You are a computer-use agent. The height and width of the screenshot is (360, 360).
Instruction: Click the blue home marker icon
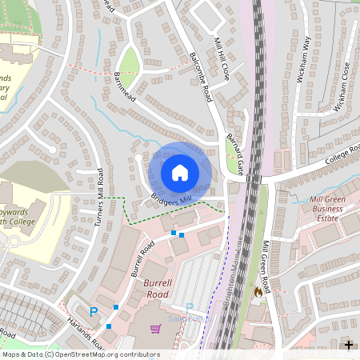[180, 172]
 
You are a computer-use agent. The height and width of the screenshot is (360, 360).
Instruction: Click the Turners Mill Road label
[100, 198]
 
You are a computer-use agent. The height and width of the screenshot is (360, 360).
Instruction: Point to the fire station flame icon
[258, 293]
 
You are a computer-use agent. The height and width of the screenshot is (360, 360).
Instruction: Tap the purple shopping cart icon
[155, 328]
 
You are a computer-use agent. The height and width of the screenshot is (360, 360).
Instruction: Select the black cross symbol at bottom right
[349, 345]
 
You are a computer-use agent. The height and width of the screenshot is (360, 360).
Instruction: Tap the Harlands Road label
[86, 332]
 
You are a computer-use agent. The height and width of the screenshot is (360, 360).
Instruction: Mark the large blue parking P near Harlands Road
[94, 312]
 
